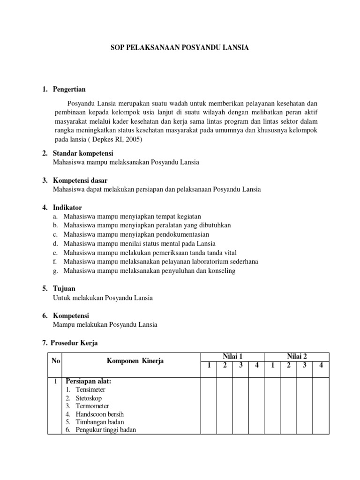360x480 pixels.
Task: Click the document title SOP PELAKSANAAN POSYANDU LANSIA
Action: click(180, 47)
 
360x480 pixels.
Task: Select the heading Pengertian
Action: click(69, 90)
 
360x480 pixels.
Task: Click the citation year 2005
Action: click(133, 140)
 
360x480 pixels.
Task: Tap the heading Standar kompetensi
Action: click(83, 154)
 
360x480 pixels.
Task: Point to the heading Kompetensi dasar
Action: click(80, 180)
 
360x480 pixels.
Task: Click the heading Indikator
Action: click(67, 207)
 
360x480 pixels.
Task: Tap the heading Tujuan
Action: click(64, 289)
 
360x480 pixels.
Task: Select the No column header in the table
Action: click(55, 361)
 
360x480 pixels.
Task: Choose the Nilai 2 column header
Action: click(296, 357)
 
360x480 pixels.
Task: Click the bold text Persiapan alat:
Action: click(88, 381)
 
